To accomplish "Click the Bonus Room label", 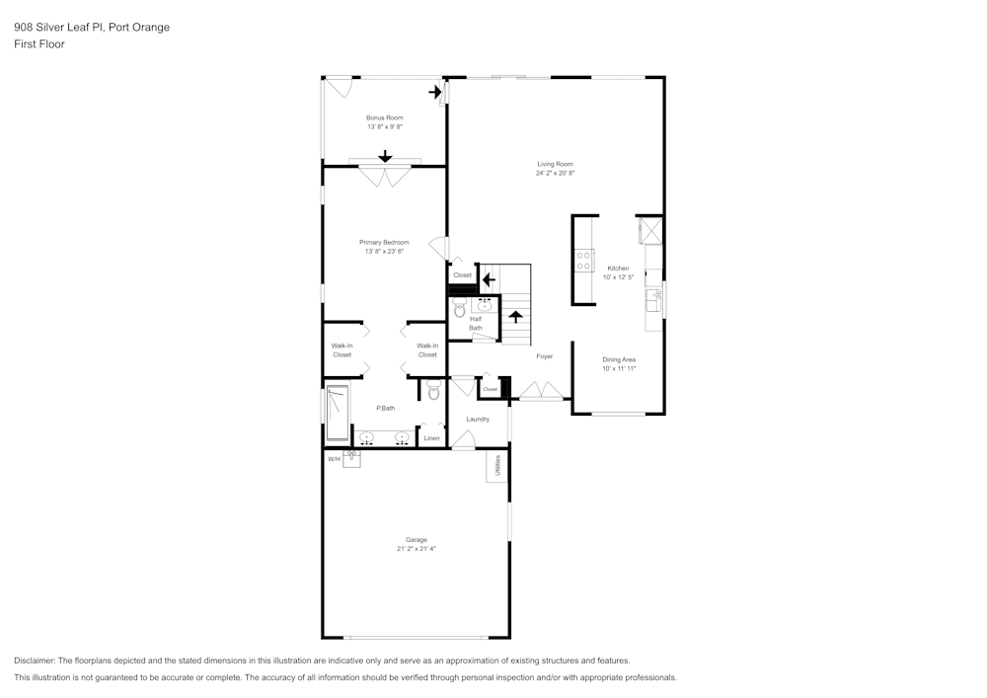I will (384, 117).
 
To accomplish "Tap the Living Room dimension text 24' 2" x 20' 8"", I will (555, 173).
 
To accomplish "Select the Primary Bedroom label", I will (384, 242).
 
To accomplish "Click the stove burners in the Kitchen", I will (583, 261).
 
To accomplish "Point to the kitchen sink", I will (653, 295).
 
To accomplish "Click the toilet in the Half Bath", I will (459, 309).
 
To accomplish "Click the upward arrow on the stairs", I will (514, 317).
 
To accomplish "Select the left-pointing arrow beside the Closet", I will (488, 279).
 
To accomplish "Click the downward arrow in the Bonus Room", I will (385, 156).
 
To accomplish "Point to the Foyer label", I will (544, 356).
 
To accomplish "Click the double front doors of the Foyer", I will (540, 393).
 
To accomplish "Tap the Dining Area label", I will (619, 359).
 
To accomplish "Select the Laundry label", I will (478, 419).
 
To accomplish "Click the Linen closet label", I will (431, 437).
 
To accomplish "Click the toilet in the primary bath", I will (433, 391).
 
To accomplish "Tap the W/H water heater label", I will (334, 459).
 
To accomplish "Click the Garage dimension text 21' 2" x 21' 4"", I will (416, 548).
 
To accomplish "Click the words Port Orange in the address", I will (138, 28).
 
